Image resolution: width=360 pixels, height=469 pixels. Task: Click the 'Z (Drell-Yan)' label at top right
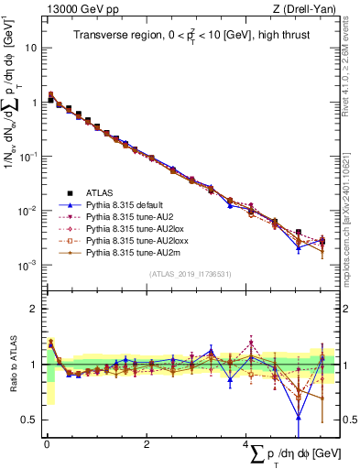tap(307, 8)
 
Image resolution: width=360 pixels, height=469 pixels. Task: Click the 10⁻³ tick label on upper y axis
tap(28, 265)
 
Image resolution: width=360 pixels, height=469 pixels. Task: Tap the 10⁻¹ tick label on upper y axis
tap(28, 156)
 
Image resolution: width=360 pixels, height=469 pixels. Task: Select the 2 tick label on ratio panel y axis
tap(35, 309)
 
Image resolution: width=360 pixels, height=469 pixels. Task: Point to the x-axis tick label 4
tap(245, 444)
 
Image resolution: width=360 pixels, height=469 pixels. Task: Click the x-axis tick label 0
tap(47, 444)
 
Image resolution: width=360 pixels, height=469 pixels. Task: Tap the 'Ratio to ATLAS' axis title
tap(11, 366)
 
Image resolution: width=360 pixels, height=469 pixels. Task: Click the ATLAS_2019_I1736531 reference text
tap(189, 274)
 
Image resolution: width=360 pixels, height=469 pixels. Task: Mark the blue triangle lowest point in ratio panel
tap(299, 418)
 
